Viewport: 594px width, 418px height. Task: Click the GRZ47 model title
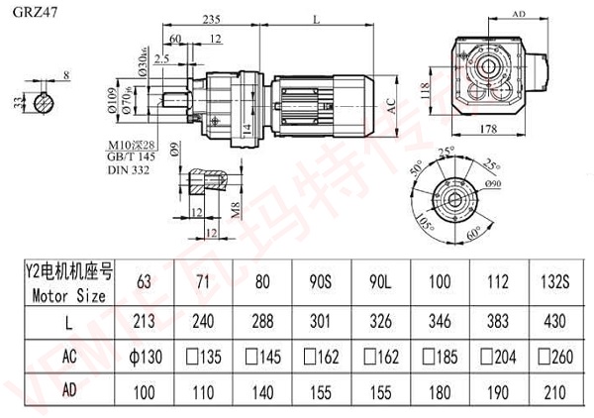pos(27,10)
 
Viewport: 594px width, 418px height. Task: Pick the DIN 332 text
pos(126,171)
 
